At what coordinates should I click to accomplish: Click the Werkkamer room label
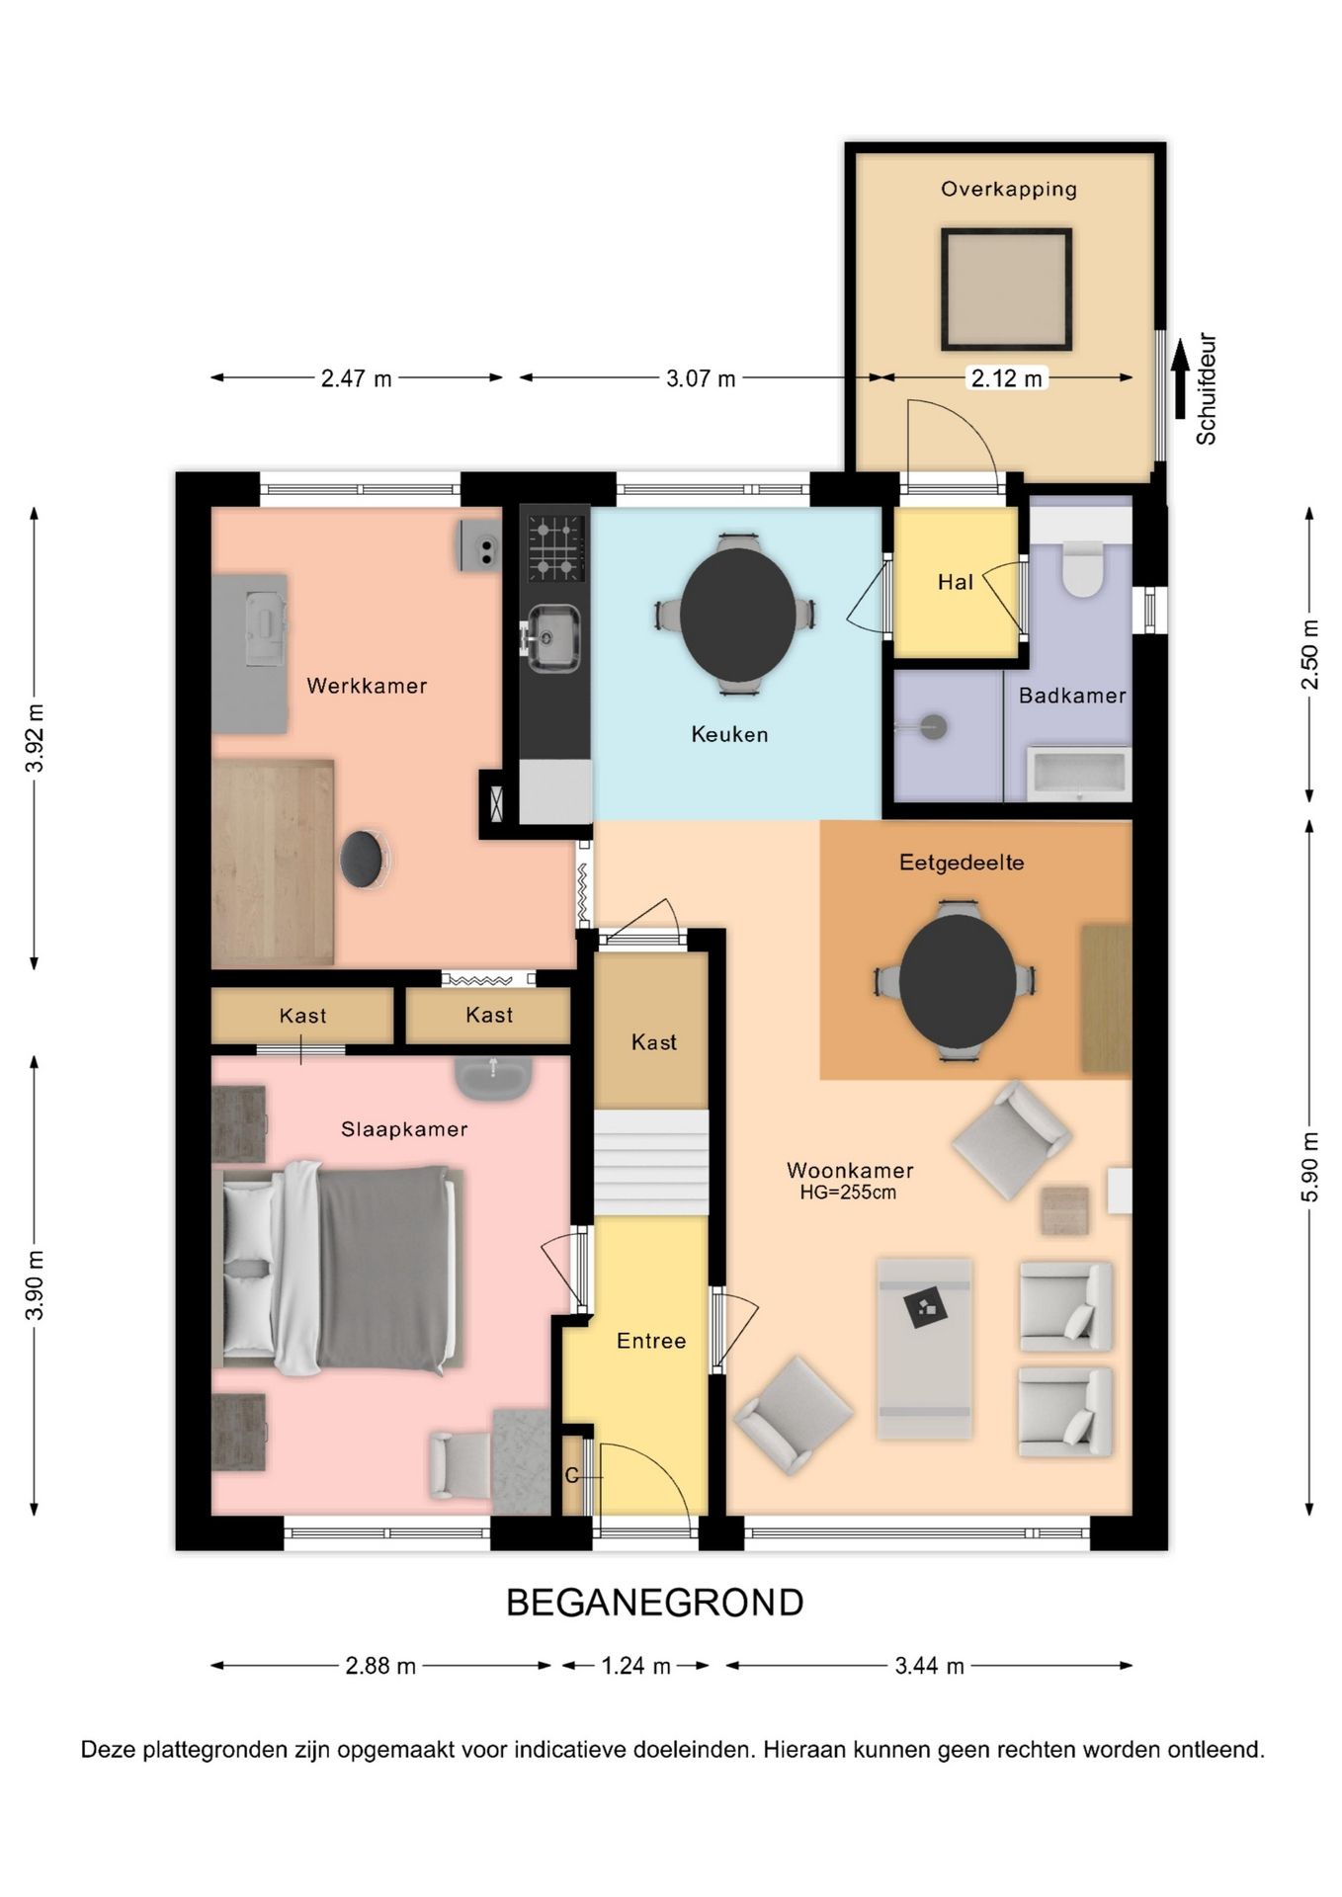367,686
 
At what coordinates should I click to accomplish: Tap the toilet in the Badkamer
1082,569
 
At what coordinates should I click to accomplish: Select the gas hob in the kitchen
555,546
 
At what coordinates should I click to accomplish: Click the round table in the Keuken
737,613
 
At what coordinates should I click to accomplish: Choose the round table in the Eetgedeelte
957,980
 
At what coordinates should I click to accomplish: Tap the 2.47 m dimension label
357,378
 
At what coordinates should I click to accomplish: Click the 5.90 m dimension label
1309,1167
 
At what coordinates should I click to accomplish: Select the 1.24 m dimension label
636,1666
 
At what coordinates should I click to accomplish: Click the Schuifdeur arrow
1179,379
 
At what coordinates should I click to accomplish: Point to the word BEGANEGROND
654,1603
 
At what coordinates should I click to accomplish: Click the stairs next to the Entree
651,1162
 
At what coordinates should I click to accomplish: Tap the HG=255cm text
848,1193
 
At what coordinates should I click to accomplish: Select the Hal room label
956,583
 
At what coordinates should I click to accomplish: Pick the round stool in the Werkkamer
362,859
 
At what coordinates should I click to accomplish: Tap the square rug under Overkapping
1006,289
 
